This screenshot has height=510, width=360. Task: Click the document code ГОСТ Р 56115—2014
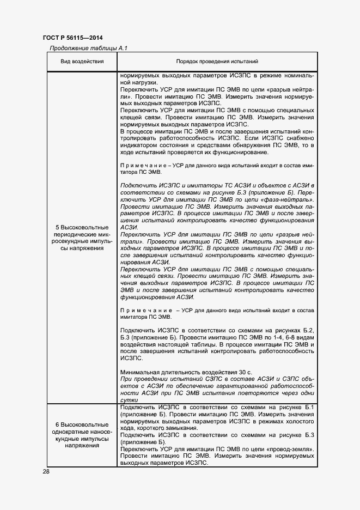click(x=73, y=38)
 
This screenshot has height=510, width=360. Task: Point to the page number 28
click(x=46, y=471)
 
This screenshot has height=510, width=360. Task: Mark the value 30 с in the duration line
click(x=245, y=372)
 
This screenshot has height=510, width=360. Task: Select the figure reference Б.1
click(x=308, y=408)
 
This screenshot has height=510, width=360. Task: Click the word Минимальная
click(x=141, y=372)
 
